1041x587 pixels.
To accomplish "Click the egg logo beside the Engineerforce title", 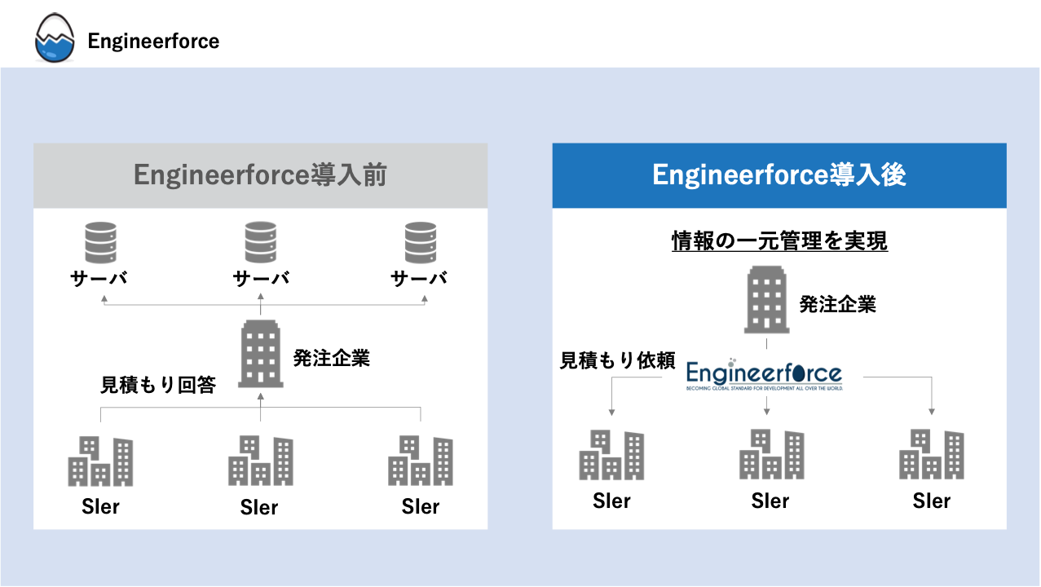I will point(55,40).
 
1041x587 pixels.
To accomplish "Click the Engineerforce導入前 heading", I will point(260,175).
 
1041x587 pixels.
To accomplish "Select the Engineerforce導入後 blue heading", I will point(779,175).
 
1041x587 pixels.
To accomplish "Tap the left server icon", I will point(99,243).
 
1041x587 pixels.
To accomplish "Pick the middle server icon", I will point(261,243).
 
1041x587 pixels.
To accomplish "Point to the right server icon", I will point(421,243).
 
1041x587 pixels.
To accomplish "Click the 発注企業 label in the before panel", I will point(331,358).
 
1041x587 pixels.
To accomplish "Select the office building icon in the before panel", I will point(261,354).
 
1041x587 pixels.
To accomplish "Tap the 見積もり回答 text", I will point(158,385).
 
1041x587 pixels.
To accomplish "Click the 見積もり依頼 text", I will point(617,360).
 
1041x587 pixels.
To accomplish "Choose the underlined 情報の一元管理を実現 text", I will point(779,241).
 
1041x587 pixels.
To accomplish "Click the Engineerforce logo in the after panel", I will point(764,374).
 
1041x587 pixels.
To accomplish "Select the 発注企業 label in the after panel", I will point(837,305).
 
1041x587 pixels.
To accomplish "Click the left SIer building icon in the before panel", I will point(100,461).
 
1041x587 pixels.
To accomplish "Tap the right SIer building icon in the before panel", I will point(421,461).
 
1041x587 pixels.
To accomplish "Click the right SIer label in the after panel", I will point(931,501).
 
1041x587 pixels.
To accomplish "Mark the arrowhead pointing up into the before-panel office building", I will point(261,397).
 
